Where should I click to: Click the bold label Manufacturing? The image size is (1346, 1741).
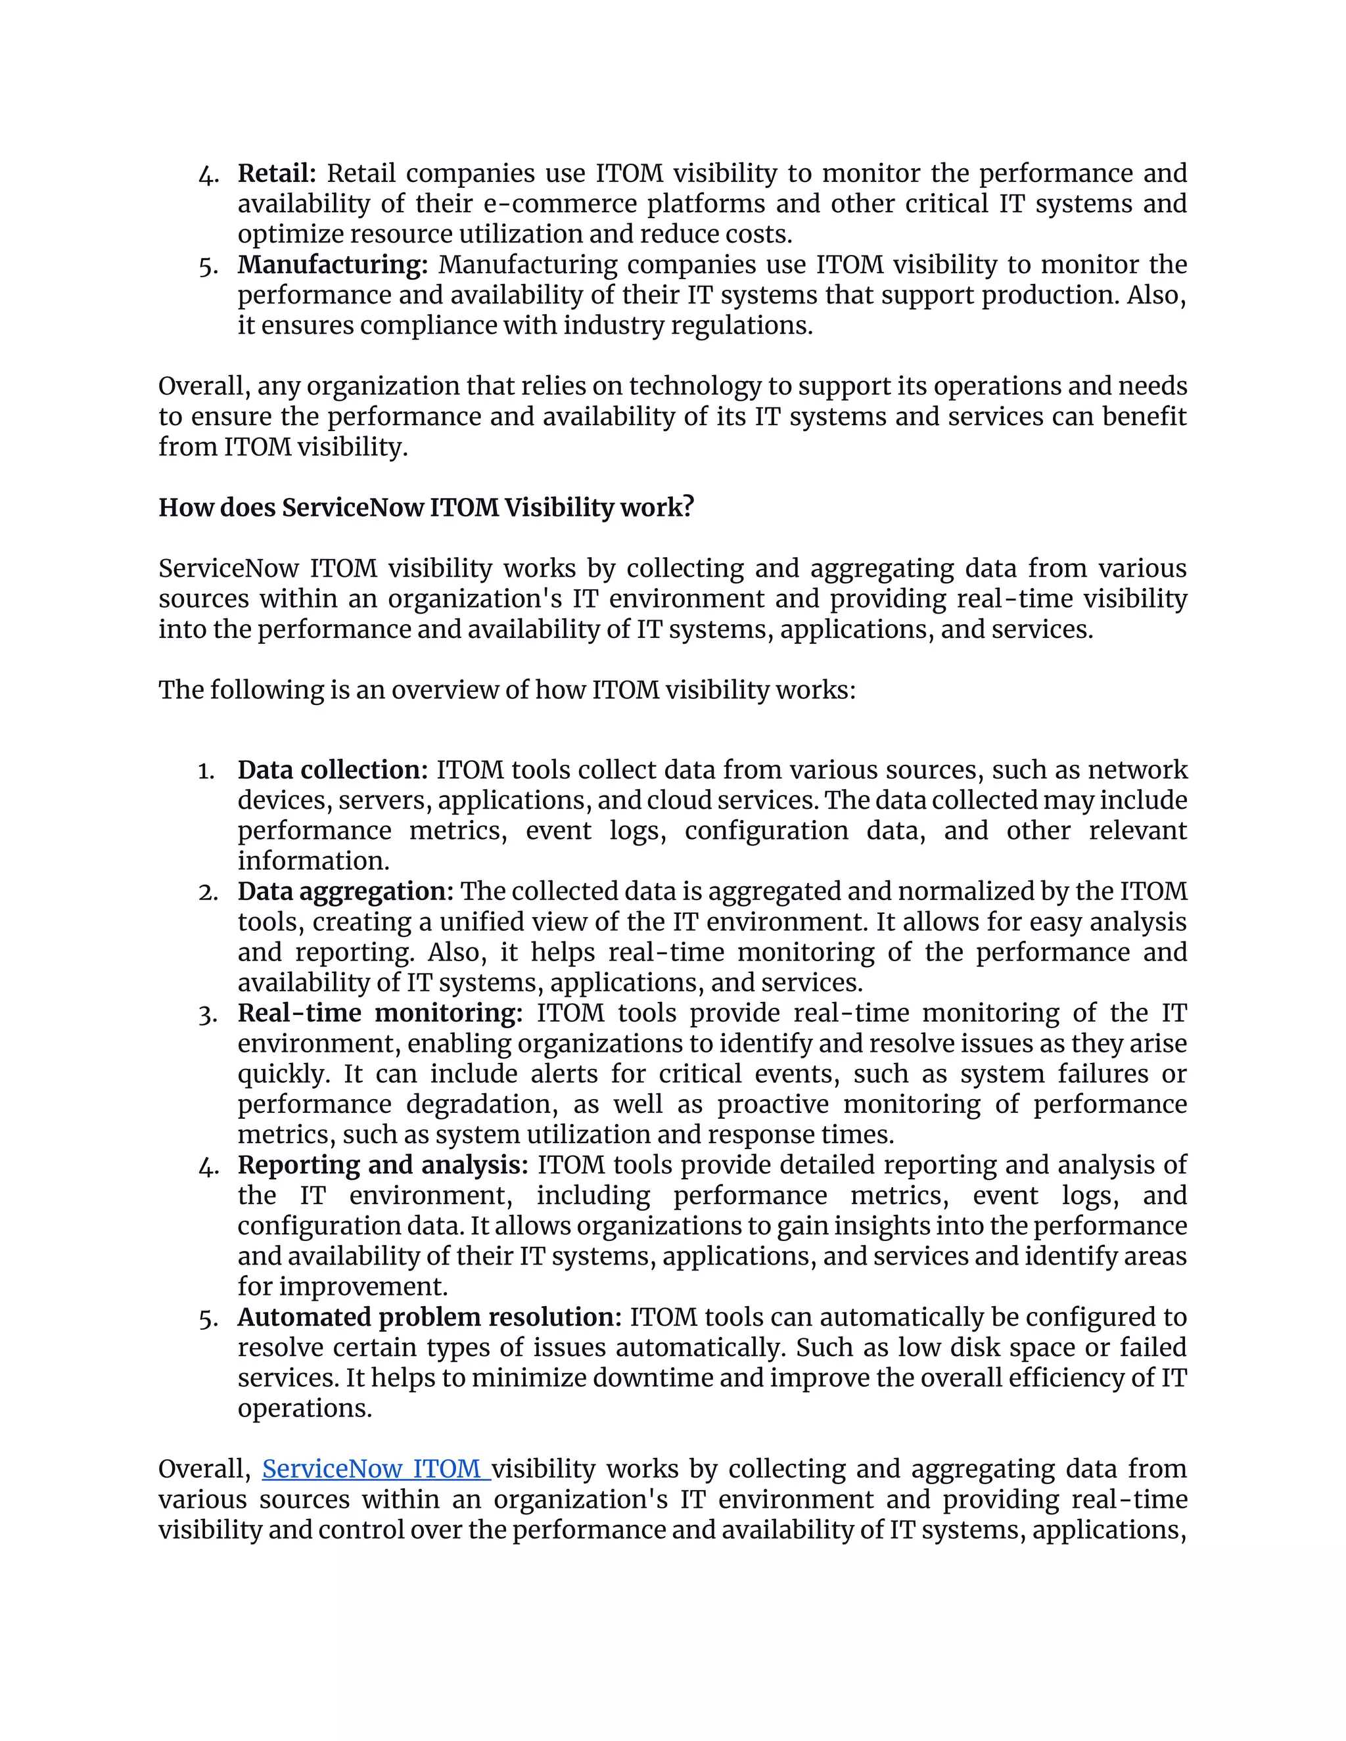(333, 265)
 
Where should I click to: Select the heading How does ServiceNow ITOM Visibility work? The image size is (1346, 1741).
(426, 508)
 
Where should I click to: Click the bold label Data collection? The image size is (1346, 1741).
(333, 770)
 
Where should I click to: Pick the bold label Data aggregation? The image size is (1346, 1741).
(345, 892)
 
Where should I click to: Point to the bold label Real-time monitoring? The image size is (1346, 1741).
(380, 1013)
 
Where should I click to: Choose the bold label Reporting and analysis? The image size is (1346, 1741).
(383, 1165)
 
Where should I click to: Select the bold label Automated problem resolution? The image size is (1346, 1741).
(429, 1317)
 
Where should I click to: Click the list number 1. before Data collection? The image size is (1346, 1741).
(206, 771)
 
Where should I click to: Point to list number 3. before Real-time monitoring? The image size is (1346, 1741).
(207, 1014)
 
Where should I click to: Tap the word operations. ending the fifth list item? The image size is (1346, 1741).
(304, 1409)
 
